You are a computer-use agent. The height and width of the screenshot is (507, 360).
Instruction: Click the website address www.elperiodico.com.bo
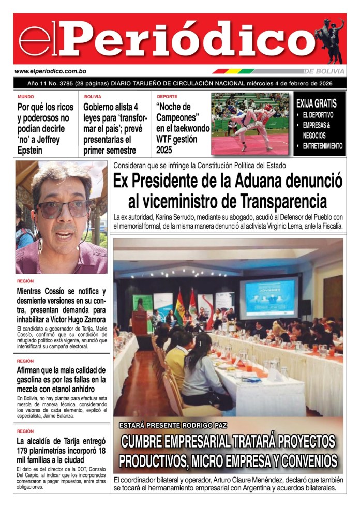click(x=50, y=71)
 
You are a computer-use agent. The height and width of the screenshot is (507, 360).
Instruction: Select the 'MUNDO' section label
click(x=25, y=97)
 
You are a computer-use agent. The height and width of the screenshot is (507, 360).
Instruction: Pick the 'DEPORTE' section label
click(x=167, y=97)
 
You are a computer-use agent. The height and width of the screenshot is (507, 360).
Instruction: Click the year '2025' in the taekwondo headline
click(x=167, y=151)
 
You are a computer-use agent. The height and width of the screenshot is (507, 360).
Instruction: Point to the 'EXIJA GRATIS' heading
click(x=316, y=103)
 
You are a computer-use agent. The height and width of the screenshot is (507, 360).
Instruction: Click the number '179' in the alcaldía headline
click(x=24, y=451)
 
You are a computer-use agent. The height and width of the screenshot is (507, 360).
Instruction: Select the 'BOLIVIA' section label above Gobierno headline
click(x=93, y=97)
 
